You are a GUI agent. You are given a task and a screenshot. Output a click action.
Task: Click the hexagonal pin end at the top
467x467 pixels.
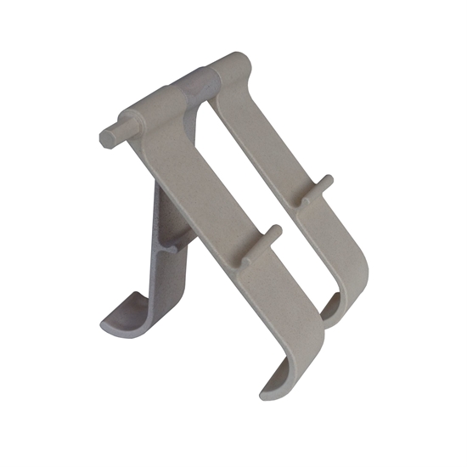pyautogui.click(x=106, y=137)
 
